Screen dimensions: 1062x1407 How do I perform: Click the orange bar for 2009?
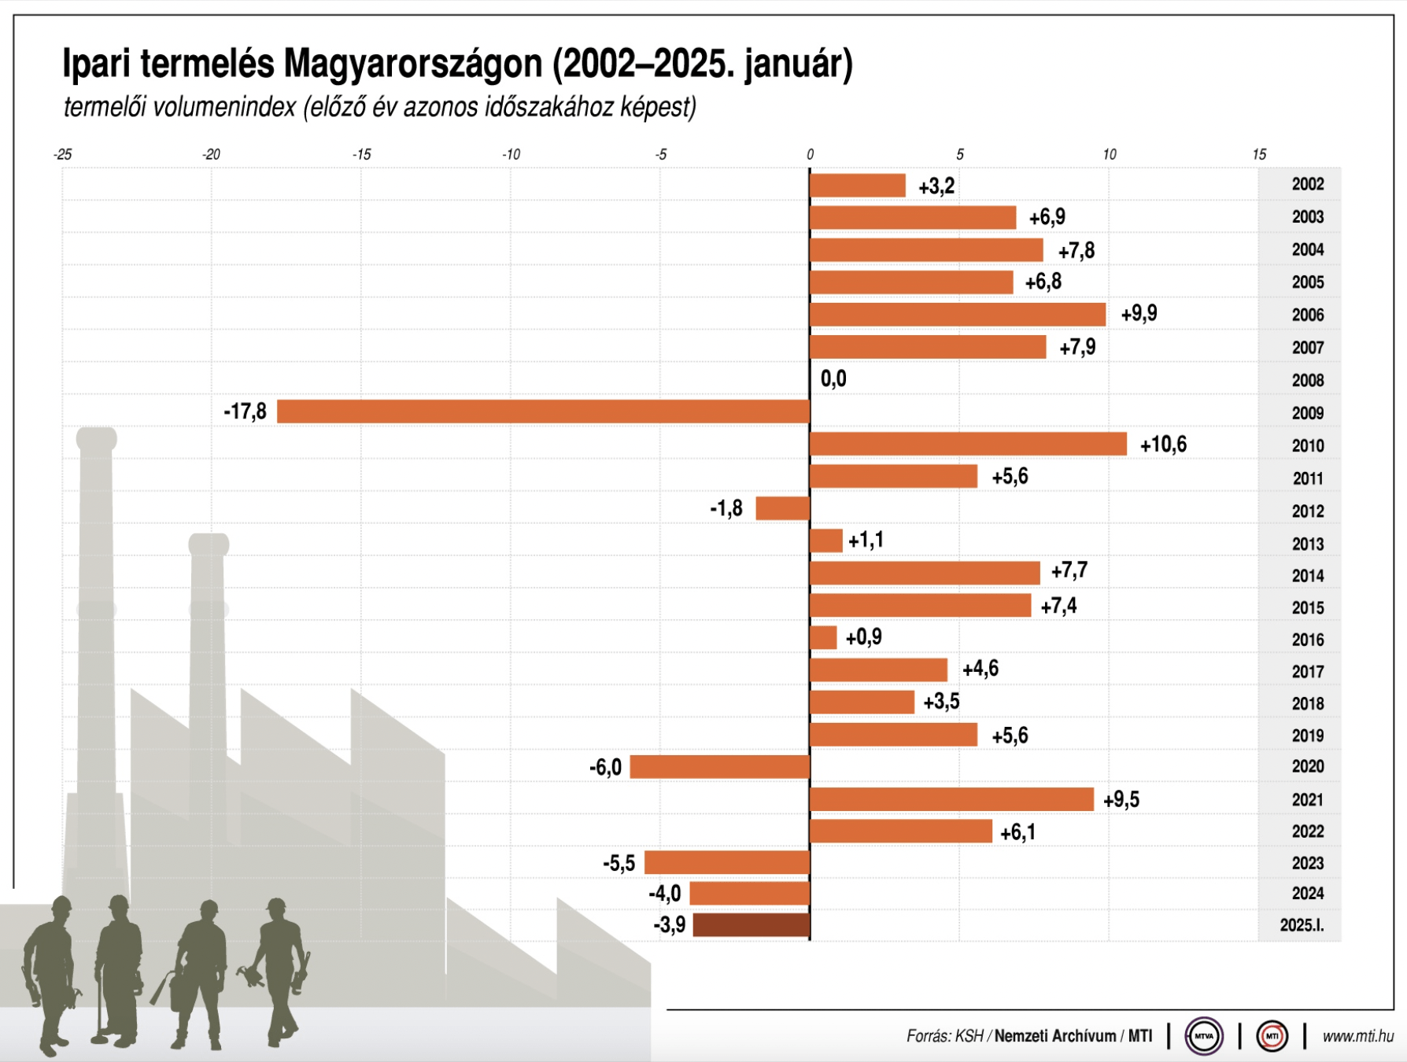pyautogui.click(x=543, y=411)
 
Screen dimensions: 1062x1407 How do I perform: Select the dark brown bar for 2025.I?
pyautogui.click(x=752, y=925)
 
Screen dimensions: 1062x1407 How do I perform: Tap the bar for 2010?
pyautogui.click(x=968, y=444)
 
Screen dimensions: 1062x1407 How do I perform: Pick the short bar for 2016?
pyautogui.click(x=823, y=637)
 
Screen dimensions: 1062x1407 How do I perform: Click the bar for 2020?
pyautogui.click(x=720, y=767)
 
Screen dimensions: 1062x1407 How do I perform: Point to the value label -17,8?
pyautogui.click(x=246, y=411)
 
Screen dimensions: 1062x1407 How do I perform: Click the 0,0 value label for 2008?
pyautogui.click(x=833, y=379)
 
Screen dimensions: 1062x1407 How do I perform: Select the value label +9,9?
pyautogui.click(x=1139, y=314)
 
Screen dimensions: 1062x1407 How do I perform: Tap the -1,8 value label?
pyautogui.click(x=726, y=509)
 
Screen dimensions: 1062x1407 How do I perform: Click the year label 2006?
pyautogui.click(x=1307, y=315)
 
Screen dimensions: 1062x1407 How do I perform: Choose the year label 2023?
pyautogui.click(x=1307, y=864)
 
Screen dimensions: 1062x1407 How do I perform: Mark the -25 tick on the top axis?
pyautogui.click(x=63, y=155)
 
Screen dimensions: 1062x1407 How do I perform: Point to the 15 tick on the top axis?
pyautogui.click(x=1259, y=155)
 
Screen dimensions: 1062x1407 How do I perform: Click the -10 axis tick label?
pyautogui.click(x=511, y=155)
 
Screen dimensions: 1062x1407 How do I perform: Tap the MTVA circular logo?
pyautogui.click(x=1204, y=1036)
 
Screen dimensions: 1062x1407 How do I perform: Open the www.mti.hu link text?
pyautogui.click(x=1357, y=1037)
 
